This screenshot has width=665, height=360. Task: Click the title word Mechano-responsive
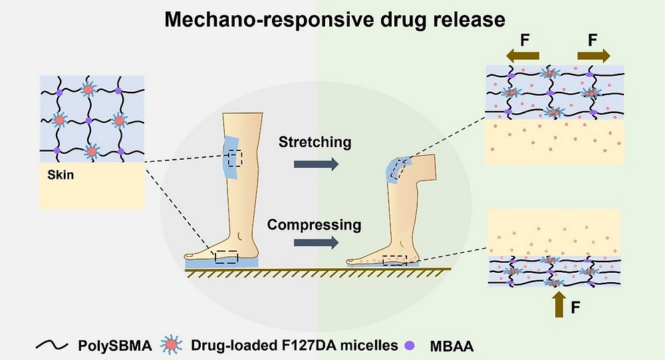coord(269,20)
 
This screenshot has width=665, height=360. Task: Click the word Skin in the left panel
coord(61,175)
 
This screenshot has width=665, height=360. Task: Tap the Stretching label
coord(315,142)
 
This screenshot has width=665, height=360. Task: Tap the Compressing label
coord(314,225)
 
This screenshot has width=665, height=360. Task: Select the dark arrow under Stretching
coord(316,164)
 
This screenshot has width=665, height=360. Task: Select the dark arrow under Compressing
coord(316,242)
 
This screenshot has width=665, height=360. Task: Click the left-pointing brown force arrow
coord(523,56)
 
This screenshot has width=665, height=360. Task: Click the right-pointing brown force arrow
coord(594,56)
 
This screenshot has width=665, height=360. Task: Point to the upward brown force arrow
coord(560,304)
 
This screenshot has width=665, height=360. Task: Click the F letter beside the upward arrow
coord(575,307)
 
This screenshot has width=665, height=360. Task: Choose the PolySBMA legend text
coord(114,345)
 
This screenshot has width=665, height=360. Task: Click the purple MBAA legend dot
coord(409,345)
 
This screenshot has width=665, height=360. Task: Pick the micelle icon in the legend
coord(172,345)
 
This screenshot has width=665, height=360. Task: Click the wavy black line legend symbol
coord(52,345)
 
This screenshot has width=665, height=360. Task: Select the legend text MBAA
coord(452,346)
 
